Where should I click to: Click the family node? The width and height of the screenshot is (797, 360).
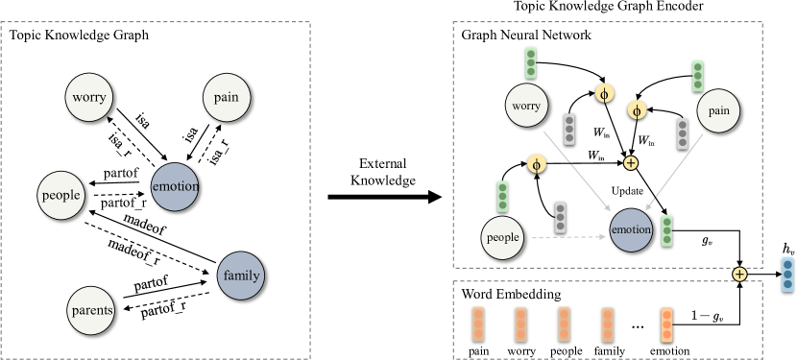241,276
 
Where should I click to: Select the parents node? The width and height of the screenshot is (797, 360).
92,310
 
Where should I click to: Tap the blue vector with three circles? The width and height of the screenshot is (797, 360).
787,274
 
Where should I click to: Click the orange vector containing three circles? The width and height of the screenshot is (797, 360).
666,324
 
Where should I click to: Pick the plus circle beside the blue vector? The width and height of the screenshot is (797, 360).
739,275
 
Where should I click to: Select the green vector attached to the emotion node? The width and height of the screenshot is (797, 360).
666,230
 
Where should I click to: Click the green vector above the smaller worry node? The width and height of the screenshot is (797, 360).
531,62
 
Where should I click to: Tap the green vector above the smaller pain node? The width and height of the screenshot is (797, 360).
697,75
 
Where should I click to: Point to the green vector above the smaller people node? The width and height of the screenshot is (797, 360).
502,196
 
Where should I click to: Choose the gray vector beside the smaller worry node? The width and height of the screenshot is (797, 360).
569,129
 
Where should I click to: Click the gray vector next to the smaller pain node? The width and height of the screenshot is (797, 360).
683,133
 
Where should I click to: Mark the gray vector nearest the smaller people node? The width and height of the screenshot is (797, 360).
561,217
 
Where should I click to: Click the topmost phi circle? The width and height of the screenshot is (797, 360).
604,93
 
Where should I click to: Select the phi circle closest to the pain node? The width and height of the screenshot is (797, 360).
637,110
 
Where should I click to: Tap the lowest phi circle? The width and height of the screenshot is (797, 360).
537,164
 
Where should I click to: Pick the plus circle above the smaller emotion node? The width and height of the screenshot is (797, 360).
631,163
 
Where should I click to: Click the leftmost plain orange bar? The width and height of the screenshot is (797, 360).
478,324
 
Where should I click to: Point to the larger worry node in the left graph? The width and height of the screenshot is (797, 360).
89,97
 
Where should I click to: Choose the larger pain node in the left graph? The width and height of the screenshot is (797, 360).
228,97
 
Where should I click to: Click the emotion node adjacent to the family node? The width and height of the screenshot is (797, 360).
175,186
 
